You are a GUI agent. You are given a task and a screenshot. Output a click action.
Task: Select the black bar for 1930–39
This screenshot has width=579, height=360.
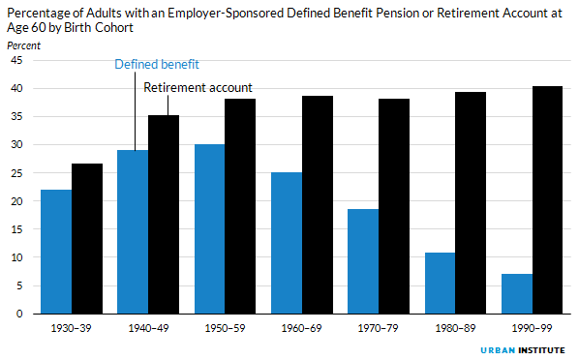pos(87,239)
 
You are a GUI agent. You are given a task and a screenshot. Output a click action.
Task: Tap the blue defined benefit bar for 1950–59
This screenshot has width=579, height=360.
pos(209,229)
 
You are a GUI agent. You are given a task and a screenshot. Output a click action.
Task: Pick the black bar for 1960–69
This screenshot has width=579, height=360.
pos(317,205)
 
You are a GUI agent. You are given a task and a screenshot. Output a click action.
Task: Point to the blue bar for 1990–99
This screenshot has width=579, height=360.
pos(516,294)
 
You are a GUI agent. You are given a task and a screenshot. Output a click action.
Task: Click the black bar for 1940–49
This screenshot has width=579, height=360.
pos(164,215)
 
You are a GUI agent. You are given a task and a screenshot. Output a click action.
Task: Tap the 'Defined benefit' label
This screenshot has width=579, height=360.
pos(157,65)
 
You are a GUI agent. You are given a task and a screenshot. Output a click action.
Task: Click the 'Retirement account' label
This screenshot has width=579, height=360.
pos(198,88)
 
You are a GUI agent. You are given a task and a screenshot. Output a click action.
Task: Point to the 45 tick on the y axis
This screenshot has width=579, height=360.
pos(15,60)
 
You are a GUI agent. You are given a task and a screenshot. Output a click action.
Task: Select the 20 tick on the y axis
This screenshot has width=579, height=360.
pos(15,201)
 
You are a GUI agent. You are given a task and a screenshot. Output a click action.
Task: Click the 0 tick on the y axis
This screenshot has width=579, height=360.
pos(18,315)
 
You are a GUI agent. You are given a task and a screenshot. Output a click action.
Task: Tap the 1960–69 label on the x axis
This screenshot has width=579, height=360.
pos(301,329)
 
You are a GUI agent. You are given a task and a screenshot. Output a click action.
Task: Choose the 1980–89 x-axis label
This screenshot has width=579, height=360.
pos(455,329)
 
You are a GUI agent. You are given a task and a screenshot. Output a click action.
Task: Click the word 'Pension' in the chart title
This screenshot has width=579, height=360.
pos(376,11)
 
